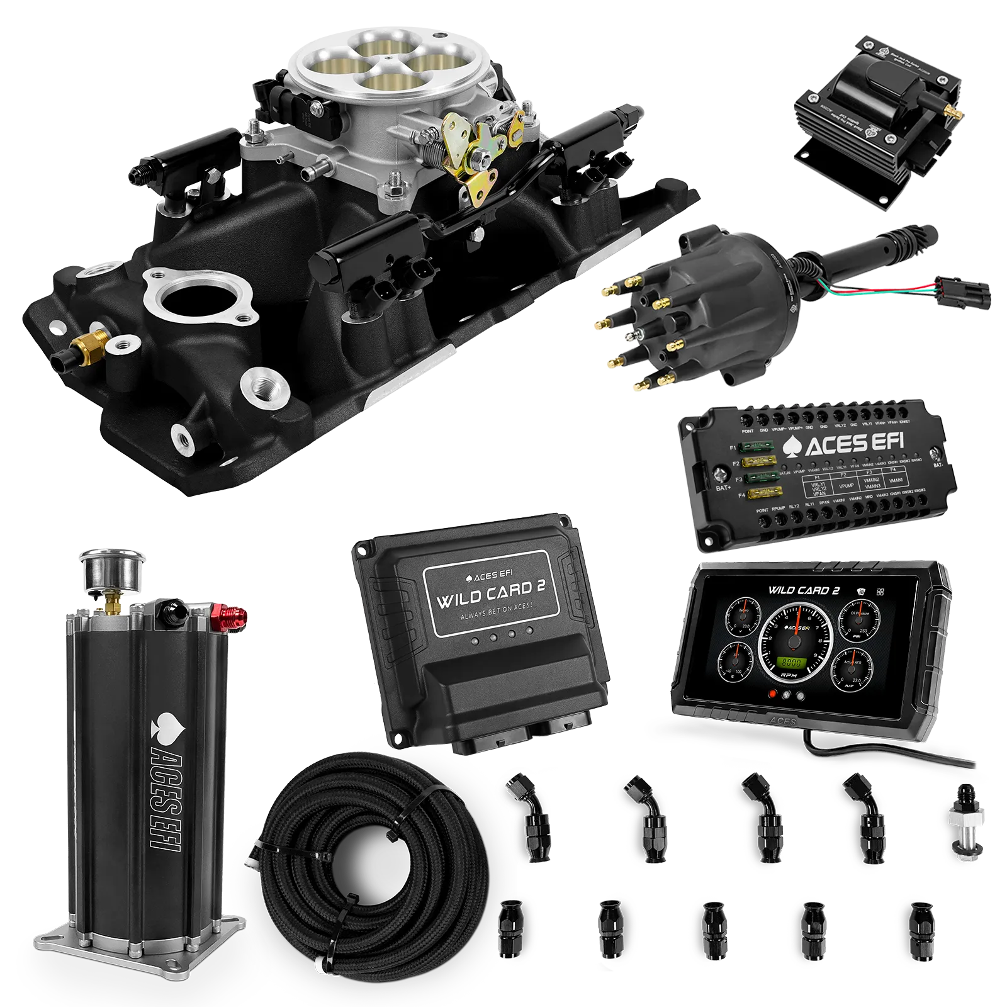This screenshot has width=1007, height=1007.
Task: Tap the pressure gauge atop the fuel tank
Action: [111, 570]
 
